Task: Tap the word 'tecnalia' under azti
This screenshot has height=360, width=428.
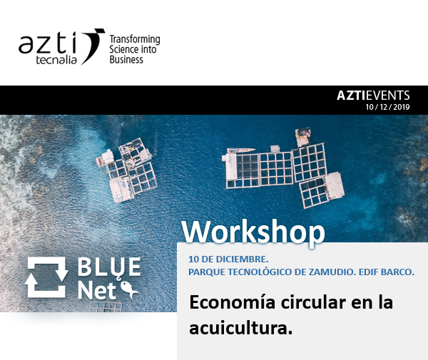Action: tap(56, 60)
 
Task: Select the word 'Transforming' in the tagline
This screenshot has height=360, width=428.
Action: tap(135, 39)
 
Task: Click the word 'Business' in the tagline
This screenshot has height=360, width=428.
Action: tap(126, 59)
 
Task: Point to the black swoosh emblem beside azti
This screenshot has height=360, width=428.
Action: tap(93, 45)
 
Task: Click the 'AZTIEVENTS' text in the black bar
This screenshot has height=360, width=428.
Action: tap(373, 96)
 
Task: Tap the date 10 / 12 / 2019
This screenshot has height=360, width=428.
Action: tap(387, 107)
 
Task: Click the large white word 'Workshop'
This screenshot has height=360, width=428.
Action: tap(253, 232)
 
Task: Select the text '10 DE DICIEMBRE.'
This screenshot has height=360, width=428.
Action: tap(228, 259)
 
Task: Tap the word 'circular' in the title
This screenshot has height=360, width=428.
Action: tap(314, 302)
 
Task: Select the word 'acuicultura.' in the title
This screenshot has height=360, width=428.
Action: tap(241, 328)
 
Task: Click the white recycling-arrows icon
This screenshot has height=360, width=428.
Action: tap(46, 277)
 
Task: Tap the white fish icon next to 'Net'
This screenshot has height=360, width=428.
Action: tap(129, 289)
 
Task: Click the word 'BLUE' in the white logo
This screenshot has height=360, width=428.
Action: tap(109, 267)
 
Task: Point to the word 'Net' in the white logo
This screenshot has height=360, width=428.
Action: tap(97, 291)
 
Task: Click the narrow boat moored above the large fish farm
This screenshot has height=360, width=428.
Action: tap(241, 150)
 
